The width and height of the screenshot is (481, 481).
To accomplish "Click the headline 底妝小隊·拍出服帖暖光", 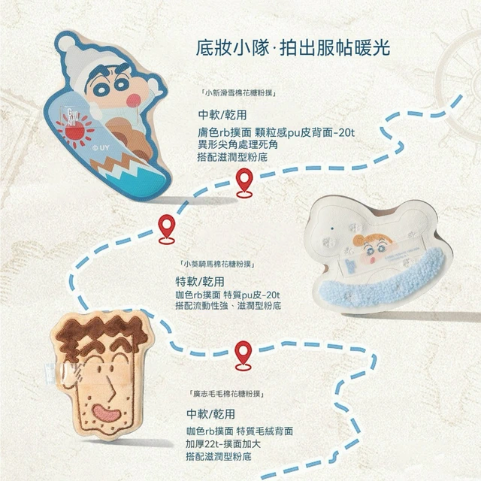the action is [293, 48].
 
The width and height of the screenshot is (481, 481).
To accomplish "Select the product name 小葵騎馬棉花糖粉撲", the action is [219, 264].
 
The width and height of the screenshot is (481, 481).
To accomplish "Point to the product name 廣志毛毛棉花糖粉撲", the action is [228, 393].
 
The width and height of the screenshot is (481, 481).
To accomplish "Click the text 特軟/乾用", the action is [200, 281].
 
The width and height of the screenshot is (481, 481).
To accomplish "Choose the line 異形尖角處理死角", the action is [237, 144].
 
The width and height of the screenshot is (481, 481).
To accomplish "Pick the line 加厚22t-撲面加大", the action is [223, 443].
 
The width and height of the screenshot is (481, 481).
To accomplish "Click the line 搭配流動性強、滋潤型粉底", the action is [228, 306].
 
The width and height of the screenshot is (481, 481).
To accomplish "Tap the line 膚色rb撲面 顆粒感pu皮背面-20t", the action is [276, 132].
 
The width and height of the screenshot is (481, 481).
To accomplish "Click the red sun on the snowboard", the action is [75, 132].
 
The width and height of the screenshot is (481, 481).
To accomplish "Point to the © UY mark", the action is [101, 148].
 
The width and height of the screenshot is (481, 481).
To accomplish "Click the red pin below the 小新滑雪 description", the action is [244, 183].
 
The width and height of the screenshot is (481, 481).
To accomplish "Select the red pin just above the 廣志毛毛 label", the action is [244, 355].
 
